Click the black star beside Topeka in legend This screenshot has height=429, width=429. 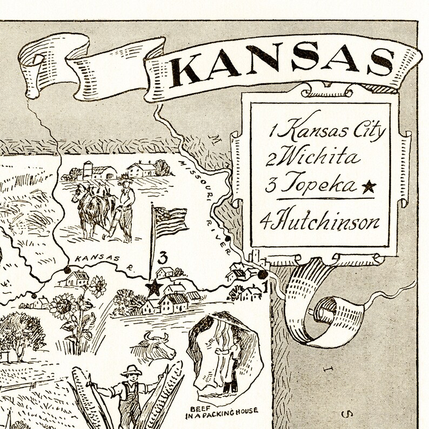(369, 187)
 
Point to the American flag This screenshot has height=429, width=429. (170, 219)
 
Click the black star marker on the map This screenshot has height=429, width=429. (154, 287)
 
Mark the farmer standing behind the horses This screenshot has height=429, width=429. (126, 208)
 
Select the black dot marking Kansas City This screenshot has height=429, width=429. (263, 276)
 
